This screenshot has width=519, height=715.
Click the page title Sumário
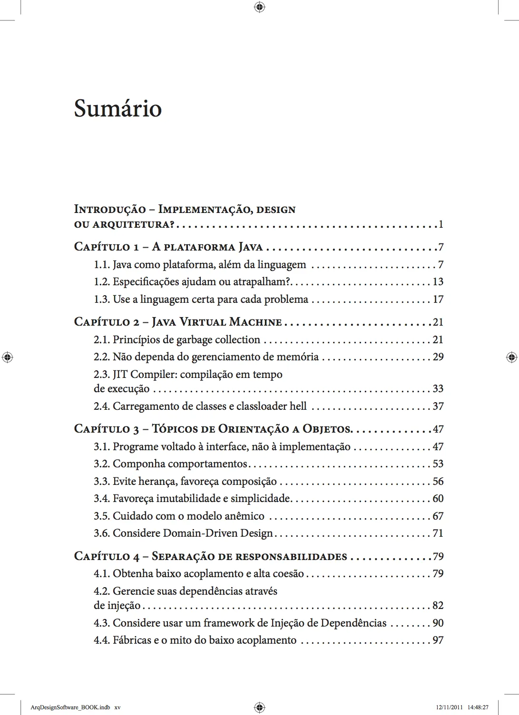tap(118, 109)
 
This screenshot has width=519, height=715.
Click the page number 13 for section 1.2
tap(438, 282)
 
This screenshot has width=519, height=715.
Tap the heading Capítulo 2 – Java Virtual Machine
tap(178, 322)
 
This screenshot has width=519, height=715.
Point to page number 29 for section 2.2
tap(438, 357)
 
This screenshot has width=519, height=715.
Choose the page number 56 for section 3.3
tap(438, 482)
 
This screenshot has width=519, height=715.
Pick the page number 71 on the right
tap(438, 533)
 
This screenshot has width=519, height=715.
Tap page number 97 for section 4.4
tap(438, 640)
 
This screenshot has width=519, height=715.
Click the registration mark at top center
tap(259, 7)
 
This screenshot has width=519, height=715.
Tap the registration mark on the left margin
tap(7, 357)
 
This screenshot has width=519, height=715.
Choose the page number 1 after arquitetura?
tap(441, 224)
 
